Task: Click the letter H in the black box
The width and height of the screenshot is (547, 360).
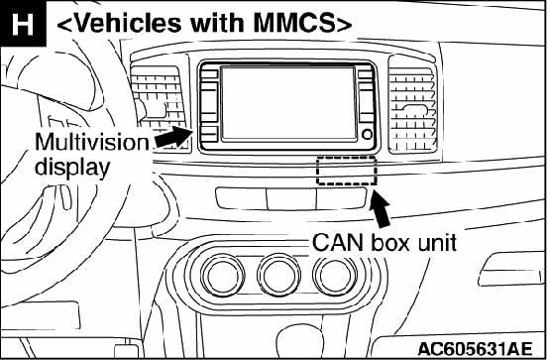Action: [x=23, y=24]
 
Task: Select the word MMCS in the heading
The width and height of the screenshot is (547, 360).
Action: [x=294, y=24]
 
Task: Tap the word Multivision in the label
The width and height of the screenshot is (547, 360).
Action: [x=92, y=143]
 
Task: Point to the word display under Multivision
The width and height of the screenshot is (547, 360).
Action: [x=72, y=169]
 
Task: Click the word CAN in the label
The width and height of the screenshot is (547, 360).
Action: [x=338, y=242]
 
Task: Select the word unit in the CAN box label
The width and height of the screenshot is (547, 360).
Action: [x=435, y=242]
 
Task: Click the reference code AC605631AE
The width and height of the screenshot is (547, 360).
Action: [x=475, y=348]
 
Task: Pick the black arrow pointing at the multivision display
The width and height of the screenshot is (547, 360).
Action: [x=173, y=137]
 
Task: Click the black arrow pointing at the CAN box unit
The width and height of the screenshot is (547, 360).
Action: [x=380, y=209]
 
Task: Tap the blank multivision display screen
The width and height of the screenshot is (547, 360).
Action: [x=288, y=103]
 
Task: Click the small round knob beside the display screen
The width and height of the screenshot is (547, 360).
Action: [x=367, y=135]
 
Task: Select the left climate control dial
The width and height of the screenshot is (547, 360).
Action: [x=223, y=275]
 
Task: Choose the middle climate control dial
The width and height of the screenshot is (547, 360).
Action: [x=279, y=275]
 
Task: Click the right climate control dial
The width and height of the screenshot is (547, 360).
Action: [x=335, y=275]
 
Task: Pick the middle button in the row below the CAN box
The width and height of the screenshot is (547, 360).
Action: [x=291, y=199]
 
